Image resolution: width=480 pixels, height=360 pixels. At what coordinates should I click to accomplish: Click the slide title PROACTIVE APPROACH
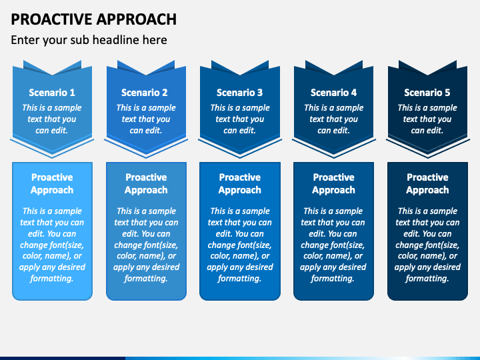(94, 19)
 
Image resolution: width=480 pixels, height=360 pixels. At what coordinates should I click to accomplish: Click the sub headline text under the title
(89, 40)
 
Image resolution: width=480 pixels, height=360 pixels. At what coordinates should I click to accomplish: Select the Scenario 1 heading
(52, 93)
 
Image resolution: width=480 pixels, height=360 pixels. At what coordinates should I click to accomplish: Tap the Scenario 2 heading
(145, 93)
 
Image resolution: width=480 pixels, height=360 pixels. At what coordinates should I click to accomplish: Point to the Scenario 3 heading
(239, 93)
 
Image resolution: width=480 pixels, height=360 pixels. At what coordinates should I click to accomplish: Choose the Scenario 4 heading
(333, 93)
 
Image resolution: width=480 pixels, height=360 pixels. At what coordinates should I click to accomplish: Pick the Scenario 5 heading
(427, 93)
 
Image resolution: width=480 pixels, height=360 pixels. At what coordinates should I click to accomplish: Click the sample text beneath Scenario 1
(52, 119)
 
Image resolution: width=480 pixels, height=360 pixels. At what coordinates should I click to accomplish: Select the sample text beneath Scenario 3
(239, 119)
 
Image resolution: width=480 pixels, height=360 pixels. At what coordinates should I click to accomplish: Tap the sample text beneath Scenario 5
(427, 119)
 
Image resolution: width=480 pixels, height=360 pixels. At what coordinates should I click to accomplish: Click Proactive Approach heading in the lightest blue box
(52, 184)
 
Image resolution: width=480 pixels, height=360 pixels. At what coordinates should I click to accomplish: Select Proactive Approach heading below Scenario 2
(146, 184)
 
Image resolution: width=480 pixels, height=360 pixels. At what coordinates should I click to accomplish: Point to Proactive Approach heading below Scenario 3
(239, 184)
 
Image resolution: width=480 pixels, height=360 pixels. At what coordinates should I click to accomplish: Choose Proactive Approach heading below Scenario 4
(333, 184)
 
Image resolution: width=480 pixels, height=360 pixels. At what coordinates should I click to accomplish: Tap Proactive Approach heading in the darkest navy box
(427, 184)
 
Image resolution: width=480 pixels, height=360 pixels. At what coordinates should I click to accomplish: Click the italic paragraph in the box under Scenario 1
(52, 245)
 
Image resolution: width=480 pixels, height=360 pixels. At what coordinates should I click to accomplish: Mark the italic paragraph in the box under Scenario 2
(146, 245)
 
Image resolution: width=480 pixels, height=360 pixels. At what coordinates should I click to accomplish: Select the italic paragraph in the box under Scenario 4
(333, 245)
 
